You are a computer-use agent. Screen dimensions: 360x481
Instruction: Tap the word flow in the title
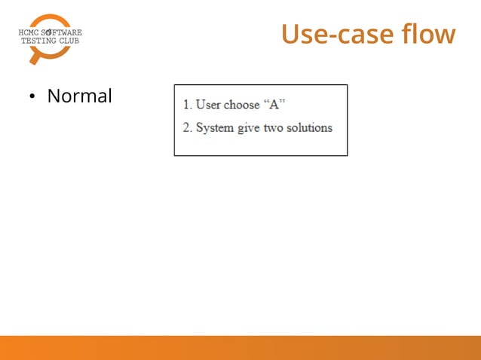click(429, 35)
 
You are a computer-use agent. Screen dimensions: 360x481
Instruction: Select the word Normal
click(79, 96)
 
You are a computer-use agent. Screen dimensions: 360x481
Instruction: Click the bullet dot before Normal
click(32, 97)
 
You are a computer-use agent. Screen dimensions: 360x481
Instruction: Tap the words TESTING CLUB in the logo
click(49, 41)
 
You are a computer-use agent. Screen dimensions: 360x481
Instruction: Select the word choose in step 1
click(241, 105)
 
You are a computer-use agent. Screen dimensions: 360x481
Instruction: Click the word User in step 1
click(208, 105)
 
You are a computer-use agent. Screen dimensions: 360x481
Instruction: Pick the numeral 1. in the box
click(187, 105)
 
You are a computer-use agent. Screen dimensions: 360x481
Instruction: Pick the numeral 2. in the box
click(187, 127)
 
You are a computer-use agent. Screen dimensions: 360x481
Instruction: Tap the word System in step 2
click(214, 127)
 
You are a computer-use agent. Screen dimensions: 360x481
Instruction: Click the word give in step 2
click(249, 127)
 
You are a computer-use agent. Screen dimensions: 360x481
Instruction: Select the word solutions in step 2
click(309, 127)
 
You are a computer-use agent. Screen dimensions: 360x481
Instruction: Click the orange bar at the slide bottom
click(240, 347)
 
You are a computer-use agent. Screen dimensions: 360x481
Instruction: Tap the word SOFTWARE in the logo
click(62, 32)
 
